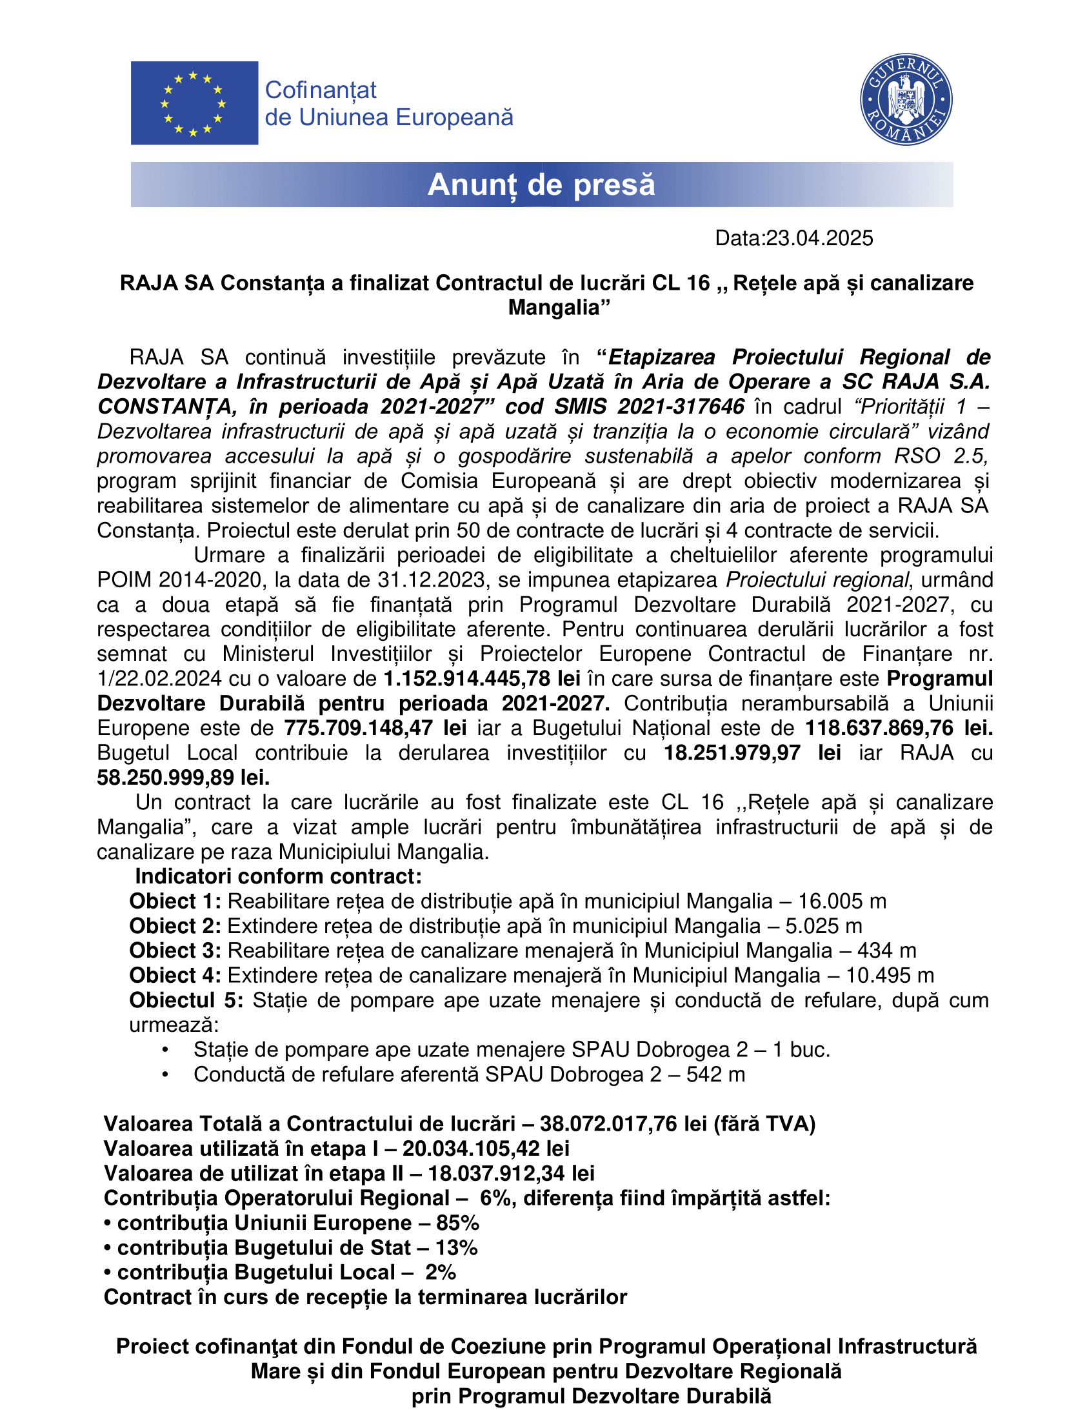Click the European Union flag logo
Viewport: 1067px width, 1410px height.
[x=194, y=103]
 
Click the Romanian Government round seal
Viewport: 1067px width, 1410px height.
[x=906, y=99]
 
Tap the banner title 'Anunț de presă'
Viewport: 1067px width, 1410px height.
[x=541, y=185]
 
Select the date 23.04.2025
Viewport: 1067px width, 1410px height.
[x=819, y=238]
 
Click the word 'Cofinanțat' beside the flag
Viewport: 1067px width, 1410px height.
[x=320, y=90]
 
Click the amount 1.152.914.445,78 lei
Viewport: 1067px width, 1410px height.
[x=481, y=679]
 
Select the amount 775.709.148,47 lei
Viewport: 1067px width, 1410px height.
[x=375, y=728]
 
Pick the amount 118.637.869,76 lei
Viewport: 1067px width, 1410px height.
[x=898, y=728]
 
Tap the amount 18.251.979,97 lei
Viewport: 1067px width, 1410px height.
[x=752, y=753]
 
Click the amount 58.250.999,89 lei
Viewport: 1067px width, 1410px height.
[x=183, y=778]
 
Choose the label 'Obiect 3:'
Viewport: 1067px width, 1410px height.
[x=175, y=951]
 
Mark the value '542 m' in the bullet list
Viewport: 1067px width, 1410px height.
[x=715, y=1074]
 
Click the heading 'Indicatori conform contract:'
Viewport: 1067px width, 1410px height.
[x=278, y=876]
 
